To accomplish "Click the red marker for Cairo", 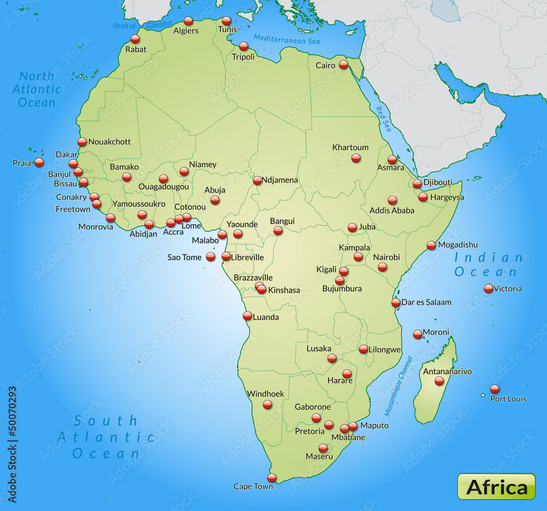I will click(x=343, y=64).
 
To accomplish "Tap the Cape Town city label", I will click(x=253, y=486).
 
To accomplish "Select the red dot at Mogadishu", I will click(x=431, y=245).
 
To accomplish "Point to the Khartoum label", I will click(x=350, y=147).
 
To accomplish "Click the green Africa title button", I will click(x=497, y=486).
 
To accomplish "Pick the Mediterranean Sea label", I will click(x=287, y=39).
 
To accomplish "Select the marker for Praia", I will click(x=39, y=162).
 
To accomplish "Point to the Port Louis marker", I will click(x=494, y=389).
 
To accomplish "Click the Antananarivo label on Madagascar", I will click(x=447, y=372).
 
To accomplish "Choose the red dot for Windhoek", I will click(x=267, y=404).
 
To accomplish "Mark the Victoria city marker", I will click(x=488, y=289).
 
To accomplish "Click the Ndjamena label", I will click(x=280, y=180).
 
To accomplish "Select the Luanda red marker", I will click(x=247, y=315).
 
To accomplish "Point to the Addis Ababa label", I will click(x=392, y=210).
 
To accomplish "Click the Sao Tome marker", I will click(x=211, y=257).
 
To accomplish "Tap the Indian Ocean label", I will click(x=486, y=265).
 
